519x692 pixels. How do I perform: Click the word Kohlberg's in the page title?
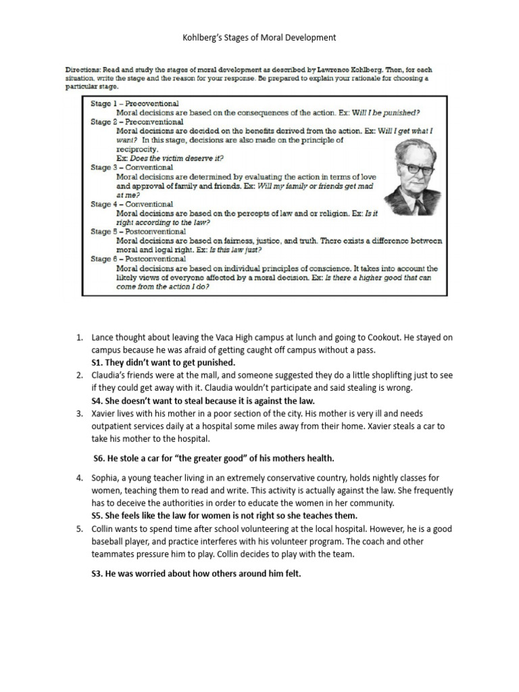pos(203,38)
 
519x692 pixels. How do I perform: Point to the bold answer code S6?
pos(100,458)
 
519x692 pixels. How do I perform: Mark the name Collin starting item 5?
pos(105,528)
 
